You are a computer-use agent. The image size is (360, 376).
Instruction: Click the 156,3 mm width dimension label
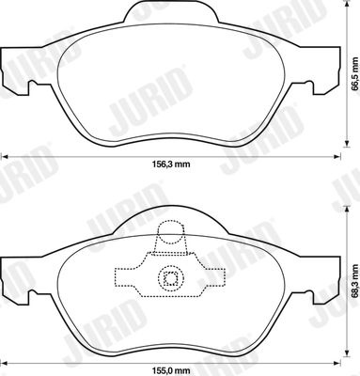(171, 164)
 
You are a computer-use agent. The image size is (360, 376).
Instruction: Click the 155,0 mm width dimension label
(171, 371)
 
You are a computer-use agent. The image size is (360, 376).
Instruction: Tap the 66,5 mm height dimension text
(354, 74)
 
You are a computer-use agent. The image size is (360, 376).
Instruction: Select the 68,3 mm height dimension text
(354, 281)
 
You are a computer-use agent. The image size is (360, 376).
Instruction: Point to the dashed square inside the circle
(171, 277)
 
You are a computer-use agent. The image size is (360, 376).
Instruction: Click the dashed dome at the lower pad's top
(170, 232)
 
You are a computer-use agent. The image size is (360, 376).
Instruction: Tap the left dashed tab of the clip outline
(125, 276)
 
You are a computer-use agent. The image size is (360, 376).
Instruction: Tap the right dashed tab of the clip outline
(215, 277)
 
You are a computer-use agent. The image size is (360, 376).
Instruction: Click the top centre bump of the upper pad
(171, 11)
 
